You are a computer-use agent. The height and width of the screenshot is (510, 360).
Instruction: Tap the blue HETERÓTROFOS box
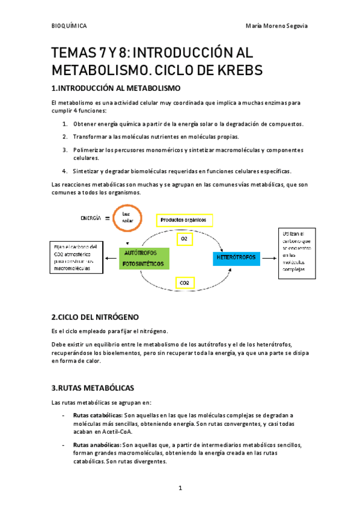click(x=236, y=258)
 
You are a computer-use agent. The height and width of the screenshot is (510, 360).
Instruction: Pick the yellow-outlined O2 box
click(x=185, y=239)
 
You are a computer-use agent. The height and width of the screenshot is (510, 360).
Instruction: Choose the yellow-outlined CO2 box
click(x=185, y=282)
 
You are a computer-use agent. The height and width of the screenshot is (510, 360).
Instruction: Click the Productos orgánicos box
click(x=184, y=220)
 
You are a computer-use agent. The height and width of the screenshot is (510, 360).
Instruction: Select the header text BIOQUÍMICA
click(x=69, y=26)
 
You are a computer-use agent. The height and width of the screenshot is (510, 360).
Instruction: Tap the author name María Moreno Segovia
click(x=277, y=26)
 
